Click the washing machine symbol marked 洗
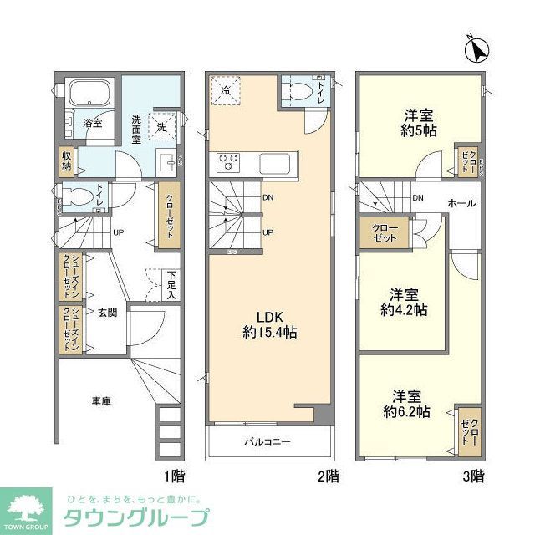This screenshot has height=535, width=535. click(x=163, y=126)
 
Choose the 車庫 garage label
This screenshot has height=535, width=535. click(x=101, y=401)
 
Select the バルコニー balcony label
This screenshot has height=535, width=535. click(x=267, y=441)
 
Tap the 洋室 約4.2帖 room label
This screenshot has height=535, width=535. click(x=404, y=302)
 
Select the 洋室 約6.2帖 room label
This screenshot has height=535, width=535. click(x=406, y=404)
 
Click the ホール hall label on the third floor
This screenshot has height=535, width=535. click(x=462, y=202)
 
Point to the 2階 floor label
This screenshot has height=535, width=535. click(x=329, y=476)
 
